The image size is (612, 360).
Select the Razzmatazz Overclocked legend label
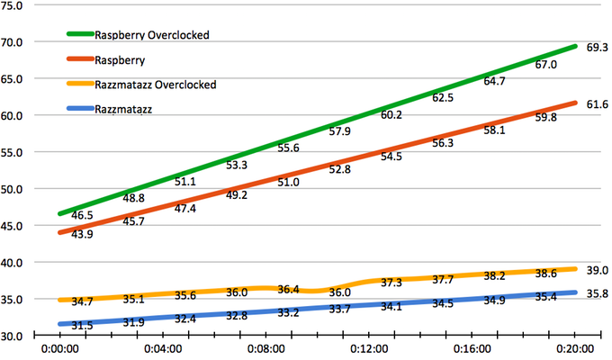click(x=156, y=85)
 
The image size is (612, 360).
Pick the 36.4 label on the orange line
click(x=288, y=290)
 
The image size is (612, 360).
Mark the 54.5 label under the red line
click(x=391, y=157)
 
